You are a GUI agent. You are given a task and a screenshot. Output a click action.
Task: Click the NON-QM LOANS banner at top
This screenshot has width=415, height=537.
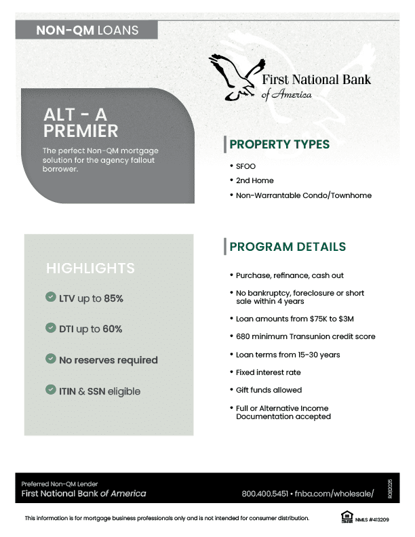pyautogui.click(x=87, y=30)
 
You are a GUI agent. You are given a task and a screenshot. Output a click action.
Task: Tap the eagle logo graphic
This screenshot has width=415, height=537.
pyautogui.click(x=235, y=77)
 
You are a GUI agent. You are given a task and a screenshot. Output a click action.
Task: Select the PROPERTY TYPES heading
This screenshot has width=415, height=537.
pyautogui.click(x=279, y=144)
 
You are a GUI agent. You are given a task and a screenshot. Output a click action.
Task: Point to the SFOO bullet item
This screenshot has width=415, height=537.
pyautogui.click(x=245, y=166)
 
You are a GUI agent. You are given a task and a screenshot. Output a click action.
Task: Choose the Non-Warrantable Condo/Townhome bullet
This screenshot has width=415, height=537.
pyautogui.click(x=303, y=196)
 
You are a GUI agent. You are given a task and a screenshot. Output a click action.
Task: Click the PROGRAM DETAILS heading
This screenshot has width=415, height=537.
pyautogui.click(x=288, y=247)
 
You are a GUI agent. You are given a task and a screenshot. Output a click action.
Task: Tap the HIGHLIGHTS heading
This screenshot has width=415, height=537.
pyautogui.click(x=90, y=268)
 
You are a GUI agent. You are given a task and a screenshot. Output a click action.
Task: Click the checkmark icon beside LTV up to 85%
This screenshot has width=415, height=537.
pyautogui.click(x=50, y=297)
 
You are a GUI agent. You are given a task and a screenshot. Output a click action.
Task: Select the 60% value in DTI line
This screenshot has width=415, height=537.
pyautogui.click(x=113, y=329)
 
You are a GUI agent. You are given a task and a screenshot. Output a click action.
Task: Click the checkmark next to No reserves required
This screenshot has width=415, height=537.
pyautogui.click(x=50, y=359)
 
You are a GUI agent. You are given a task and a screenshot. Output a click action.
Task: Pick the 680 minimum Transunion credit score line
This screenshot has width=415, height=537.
pyautogui.click(x=305, y=336)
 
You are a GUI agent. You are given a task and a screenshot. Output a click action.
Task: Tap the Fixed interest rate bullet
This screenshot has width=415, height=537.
pyautogui.click(x=268, y=372)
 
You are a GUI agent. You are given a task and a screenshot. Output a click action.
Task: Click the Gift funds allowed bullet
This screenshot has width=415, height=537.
pyautogui.click(x=269, y=390)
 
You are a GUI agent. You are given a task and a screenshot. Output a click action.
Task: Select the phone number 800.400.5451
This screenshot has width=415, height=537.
pyautogui.click(x=265, y=494)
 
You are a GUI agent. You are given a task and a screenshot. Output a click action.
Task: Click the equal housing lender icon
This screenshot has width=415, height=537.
pyautogui.click(x=347, y=518)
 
